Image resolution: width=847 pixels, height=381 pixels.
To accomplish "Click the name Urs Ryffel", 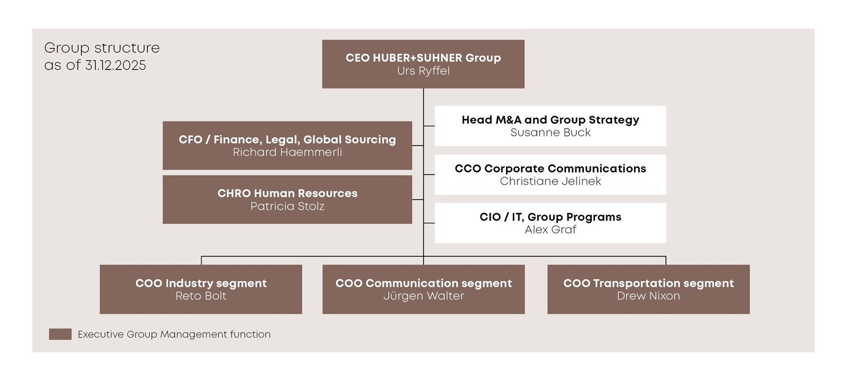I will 423,71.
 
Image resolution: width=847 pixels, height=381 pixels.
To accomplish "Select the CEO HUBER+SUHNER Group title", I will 423,58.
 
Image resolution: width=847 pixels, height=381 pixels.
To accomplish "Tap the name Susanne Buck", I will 550,133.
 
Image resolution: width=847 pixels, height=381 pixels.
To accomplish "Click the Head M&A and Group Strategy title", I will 550,120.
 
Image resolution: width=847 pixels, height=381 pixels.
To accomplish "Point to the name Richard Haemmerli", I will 287,152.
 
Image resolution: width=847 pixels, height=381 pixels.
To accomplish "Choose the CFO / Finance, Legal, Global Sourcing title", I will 287,139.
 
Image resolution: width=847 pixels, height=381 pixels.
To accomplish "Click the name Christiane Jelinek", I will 550,181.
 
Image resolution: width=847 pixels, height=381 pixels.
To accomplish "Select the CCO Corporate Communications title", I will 550,168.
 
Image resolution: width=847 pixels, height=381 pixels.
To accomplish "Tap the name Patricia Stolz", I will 287,206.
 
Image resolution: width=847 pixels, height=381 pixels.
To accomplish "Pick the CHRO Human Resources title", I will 287,193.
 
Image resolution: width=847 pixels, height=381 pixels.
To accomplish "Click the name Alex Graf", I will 550,230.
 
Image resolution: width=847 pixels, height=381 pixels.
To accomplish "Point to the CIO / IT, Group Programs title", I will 550,217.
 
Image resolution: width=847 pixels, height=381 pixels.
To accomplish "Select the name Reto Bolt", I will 200,296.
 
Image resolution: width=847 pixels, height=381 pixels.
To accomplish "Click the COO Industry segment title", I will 200,283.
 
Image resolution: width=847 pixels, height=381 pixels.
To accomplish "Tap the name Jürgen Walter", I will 423,296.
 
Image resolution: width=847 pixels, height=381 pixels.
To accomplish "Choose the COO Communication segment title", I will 423,283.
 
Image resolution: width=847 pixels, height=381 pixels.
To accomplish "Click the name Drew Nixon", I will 648,296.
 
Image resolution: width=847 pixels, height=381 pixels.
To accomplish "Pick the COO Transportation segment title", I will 648,283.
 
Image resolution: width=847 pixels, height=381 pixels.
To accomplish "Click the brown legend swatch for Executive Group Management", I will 60,334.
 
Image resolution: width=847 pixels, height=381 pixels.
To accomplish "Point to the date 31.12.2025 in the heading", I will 115,65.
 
